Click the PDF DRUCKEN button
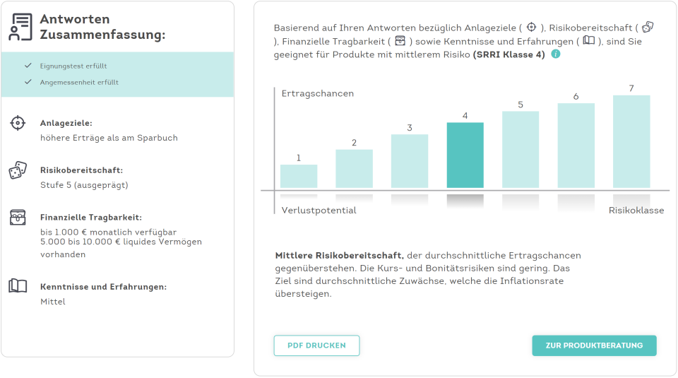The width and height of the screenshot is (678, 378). click(316, 345)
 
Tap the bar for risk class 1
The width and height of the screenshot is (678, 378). click(299, 176)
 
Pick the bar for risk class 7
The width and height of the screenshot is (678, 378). click(631, 142)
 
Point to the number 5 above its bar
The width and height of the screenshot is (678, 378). click(521, 105)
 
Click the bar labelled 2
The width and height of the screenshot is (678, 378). click(354, 168)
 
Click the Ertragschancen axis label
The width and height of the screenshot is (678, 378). click(318, 93)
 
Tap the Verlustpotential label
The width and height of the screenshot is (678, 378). click(319, 211)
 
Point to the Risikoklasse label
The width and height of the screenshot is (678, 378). click(636, 211)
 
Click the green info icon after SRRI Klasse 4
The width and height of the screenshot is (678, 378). click(556, 54)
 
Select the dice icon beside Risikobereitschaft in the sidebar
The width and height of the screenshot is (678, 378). click(18, 170)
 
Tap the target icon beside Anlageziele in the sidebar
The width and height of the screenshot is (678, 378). click(18, 123)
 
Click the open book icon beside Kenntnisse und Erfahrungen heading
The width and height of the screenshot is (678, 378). click(18, 286)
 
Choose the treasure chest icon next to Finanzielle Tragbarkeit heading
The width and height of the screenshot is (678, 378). click(18, 217)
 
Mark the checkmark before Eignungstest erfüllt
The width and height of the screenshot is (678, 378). click(28, 66)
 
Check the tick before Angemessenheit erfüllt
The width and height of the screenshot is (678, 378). click(28, 82)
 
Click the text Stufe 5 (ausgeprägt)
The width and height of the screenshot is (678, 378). click(84, 185)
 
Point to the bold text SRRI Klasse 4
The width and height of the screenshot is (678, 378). click(509, 54)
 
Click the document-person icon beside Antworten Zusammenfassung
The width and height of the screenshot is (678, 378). click(20, 27)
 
